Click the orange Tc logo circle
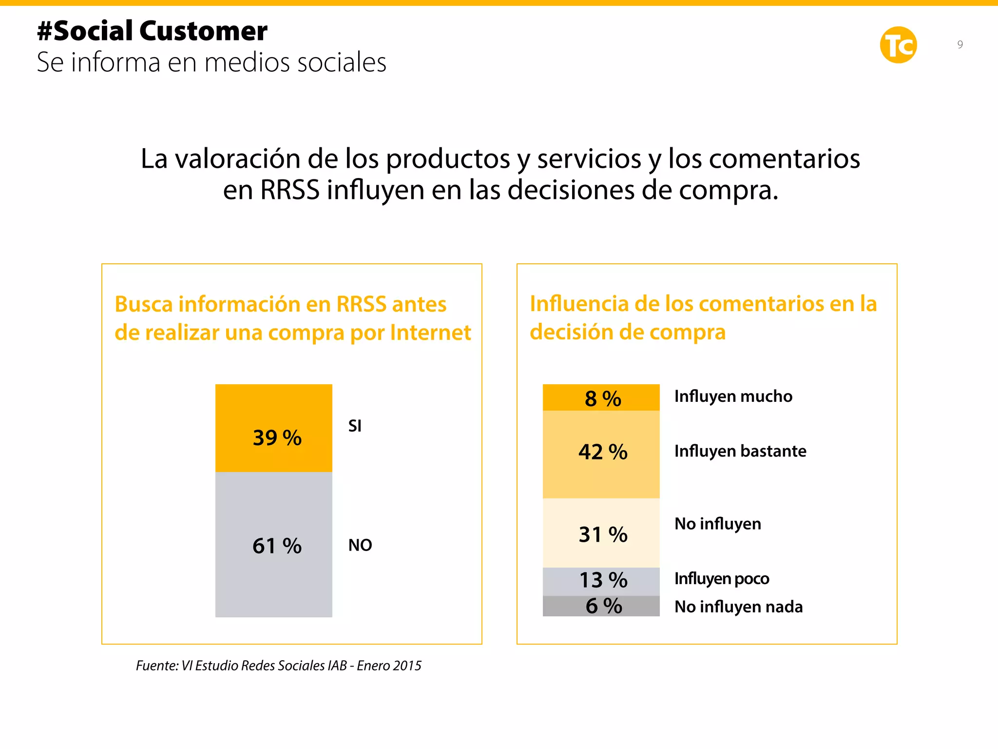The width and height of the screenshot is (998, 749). pos(898,45)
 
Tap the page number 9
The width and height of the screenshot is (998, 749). pos(960,44)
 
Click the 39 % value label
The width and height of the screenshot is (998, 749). pos(277,437)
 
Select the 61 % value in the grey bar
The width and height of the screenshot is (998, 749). pos(277,546)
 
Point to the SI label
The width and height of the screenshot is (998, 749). pos(355,426)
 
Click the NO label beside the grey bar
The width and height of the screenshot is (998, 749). pos(360,545)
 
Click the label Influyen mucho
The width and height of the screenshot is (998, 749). pos(733,396)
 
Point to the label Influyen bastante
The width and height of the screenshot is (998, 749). pos(740,451)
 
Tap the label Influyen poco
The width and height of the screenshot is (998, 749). pos(721,578)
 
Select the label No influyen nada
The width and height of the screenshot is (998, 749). pos(738,607)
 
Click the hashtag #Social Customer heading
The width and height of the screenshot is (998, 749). pos(152,31)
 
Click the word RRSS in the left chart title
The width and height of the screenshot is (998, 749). pos(361,304)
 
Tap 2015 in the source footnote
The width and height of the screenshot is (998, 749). pos(407,666)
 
